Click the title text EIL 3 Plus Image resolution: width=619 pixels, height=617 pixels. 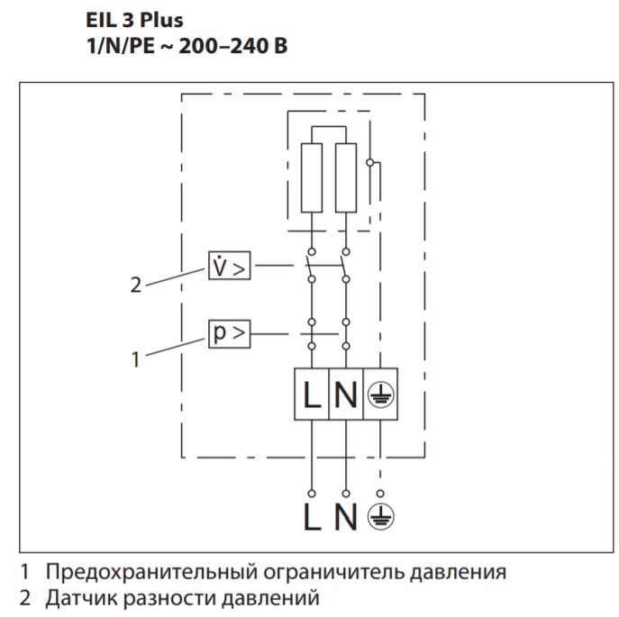(132, 21)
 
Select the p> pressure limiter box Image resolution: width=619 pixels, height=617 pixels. (229, 334)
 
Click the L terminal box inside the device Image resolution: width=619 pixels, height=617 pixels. (312, 395)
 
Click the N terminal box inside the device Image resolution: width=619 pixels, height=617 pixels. (346, 395)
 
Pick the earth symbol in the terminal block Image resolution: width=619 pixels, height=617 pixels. (380, 395)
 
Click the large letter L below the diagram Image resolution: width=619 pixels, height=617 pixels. (312, 519)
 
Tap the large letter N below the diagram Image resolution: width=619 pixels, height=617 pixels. (347, 519)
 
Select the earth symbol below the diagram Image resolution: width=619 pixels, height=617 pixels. (381, 519)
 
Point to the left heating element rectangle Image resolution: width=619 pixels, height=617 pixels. (312, 177)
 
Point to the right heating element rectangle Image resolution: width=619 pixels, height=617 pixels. (345, 177)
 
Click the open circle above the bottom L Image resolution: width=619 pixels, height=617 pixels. (312, 494)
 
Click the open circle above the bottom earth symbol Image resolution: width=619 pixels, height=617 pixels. (380, 494)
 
